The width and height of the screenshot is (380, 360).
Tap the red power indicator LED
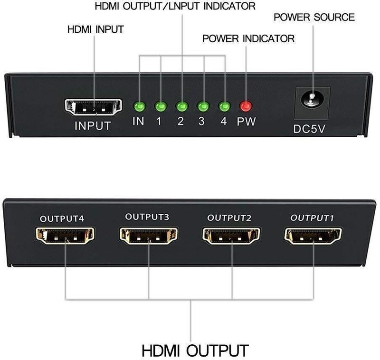[246, 106]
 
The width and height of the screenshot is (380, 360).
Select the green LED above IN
[139, 106]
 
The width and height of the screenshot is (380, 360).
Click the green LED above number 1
[161, 106]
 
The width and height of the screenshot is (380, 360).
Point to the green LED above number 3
[203, 106]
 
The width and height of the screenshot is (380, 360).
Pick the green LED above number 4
[224, 106]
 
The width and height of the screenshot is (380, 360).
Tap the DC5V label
[309, 129]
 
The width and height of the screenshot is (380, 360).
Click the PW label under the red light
[246, 121]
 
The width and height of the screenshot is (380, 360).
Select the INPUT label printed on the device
[93, 126]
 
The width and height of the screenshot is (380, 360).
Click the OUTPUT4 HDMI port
[65, 236]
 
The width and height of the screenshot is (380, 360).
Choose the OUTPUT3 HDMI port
[149, 236]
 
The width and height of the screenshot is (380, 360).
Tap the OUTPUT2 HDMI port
[231, 236]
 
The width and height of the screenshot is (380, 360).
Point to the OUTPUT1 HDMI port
[313, 236]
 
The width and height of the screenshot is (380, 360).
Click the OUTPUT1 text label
[312, 218]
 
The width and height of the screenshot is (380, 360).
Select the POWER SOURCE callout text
[314, 17]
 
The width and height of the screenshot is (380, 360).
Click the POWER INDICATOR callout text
[248, 39]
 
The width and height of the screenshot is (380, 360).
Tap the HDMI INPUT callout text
[95, 29]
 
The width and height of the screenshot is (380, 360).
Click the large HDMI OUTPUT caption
[195, 351]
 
